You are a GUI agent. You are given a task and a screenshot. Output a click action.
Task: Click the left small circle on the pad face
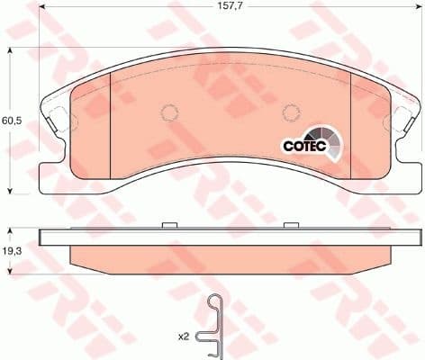167,113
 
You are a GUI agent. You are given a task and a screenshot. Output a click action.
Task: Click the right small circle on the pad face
290,113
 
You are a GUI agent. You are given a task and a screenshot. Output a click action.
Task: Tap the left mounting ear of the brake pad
53,121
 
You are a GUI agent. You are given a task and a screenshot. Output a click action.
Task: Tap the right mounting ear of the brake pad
402,121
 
